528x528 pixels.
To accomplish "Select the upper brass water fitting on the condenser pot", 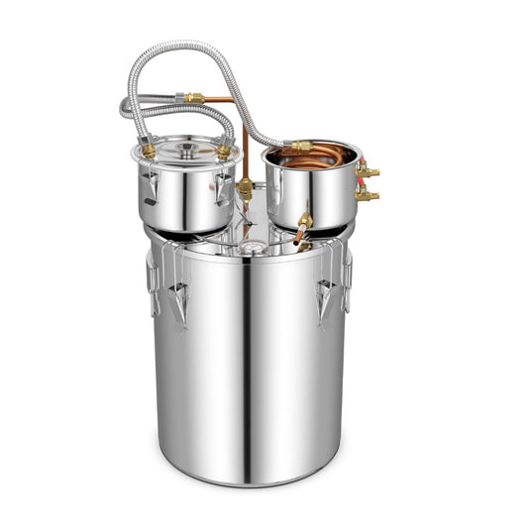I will point(368,172).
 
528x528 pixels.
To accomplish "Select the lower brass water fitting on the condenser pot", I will point(368,195).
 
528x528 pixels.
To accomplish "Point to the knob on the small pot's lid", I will point(186,149).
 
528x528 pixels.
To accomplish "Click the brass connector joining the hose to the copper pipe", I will point(193,98).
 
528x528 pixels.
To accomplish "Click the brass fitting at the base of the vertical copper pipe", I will point(245,187).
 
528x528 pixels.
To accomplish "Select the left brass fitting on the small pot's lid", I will point(149,150).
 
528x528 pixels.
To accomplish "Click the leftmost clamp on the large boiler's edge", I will point(154,282).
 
